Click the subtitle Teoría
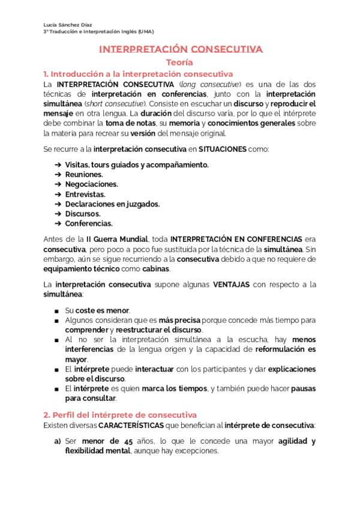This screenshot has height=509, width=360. (x=180, y=62)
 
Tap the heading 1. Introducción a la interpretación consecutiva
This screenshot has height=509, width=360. (x=138, y=73)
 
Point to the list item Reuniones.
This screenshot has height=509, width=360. (x=84, y=174)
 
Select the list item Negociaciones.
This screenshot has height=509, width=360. (x=92, y=184)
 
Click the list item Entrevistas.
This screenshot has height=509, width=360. (x=85, y=194)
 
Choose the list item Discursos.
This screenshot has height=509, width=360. (x=83, y=214)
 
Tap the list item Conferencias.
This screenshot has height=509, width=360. (x=89, y=223)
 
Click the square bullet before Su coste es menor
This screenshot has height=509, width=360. (x=56, y=310)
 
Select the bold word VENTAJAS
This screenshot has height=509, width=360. (x=231, y=285)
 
